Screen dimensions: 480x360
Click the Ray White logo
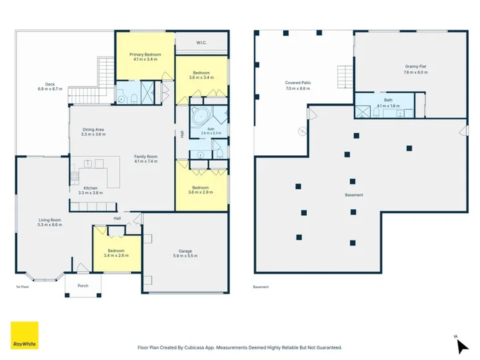coord(25,335)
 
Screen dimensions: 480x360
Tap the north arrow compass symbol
coord(461,345)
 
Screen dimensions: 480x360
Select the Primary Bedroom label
coord(145,55)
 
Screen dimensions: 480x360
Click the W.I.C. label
coord(201,43)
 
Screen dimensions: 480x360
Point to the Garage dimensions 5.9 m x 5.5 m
coord(185,256)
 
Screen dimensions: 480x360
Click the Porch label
coord(83,285)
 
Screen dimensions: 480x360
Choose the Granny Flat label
coord(415,67)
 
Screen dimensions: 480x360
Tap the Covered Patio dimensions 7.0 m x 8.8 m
coord(298,89)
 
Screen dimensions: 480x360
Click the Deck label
coord(50,84)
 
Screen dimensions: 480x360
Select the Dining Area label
coord(93,129)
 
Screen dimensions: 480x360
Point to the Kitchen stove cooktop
coord(75,176)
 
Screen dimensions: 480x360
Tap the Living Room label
coord(49,220)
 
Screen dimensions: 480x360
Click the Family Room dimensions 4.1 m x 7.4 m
coord(146,161)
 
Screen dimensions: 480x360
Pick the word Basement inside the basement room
coord(354,195)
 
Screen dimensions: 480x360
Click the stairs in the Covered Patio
coord(345,77)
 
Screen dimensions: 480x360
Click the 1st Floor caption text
coord(23,287)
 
